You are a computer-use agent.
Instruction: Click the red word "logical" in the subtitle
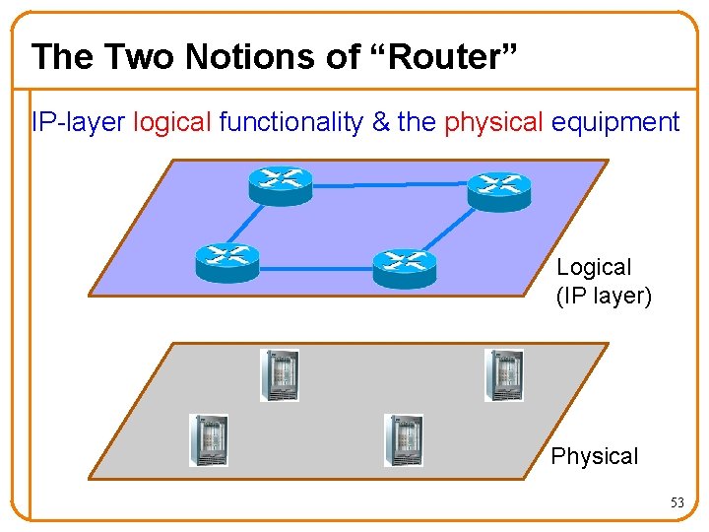(172, 122)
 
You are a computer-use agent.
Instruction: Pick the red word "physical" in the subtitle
(493, 122)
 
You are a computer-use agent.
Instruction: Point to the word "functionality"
(290, 122)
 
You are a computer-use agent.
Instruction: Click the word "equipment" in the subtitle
(615, 122)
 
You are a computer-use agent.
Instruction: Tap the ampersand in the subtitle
(378, 122)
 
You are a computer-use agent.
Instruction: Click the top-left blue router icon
(281, 184)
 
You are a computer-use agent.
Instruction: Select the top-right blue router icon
(498, 189)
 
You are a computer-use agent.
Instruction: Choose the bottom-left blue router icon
(227, 261)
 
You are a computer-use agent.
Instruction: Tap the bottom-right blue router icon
(404, 266)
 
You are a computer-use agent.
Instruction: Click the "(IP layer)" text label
(604, 295)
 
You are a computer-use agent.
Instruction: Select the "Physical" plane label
(594, 456)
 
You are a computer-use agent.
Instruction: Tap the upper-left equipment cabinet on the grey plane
(279, 375)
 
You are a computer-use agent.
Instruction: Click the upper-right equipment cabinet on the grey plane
(503, 375)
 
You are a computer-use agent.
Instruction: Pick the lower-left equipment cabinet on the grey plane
(208, 439)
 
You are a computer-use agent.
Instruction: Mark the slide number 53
(677, 502)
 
